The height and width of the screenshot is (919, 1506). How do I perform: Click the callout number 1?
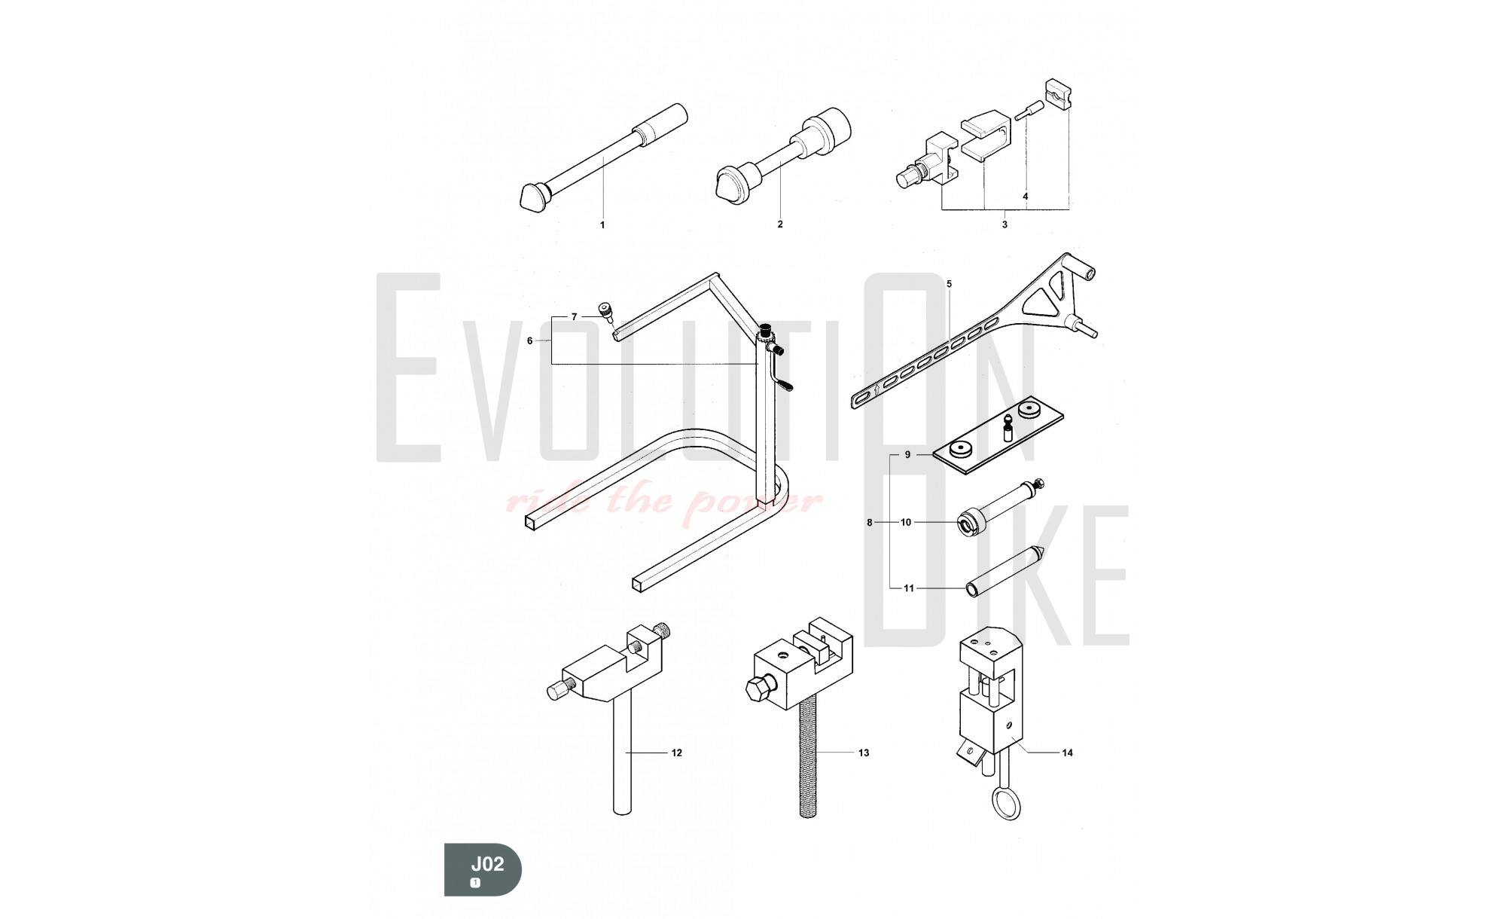point(602,224)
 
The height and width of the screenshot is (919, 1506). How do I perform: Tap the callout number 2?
point(780,224)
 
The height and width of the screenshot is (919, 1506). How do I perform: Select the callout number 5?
point(949,284)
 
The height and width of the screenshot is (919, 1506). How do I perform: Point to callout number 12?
point(677,753)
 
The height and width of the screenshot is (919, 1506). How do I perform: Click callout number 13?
point(864,753)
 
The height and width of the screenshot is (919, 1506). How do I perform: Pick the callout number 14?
point(1067,753)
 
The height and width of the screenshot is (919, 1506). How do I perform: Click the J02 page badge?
point(483,869)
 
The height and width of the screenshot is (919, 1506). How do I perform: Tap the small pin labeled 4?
point(1025,112)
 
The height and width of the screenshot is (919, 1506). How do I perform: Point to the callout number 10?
point(906,522)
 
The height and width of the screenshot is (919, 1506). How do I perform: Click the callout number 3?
point(1005,224)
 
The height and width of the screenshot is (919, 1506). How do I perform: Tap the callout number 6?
point(529,340)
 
